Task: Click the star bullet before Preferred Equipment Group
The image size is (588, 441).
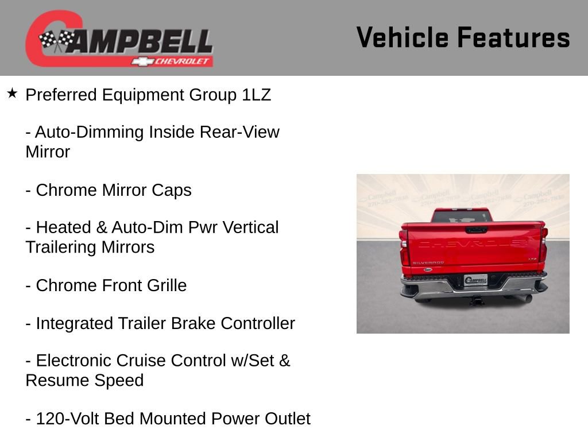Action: pyautogui.click(x=12, y=93)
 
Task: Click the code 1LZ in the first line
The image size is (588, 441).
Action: pyautogui.click(x=256, y=95)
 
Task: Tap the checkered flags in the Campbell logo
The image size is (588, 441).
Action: pyautogui.click(x=56, y=40)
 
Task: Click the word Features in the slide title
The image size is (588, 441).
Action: pyautogui.click(x=513, y=38)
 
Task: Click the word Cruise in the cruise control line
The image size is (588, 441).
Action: pyautogui.click(x=143, y=361)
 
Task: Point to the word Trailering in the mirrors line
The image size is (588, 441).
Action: pyautogui.click(x=61, y=247)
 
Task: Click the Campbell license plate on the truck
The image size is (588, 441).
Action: pyautogui.click(x=475, y=280)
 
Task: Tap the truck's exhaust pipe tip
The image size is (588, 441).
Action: pyautogui.click(x=526, y=298)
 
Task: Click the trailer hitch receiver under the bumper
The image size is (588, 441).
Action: pyautogui.click(x=477, y=300)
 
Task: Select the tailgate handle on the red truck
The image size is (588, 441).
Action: pyautogui.click(x=476, y=230)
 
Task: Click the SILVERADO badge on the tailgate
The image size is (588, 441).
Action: pyautogui.click(x=428, y=262)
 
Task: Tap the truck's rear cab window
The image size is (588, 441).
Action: pyautogui.click(x=462, y=216)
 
